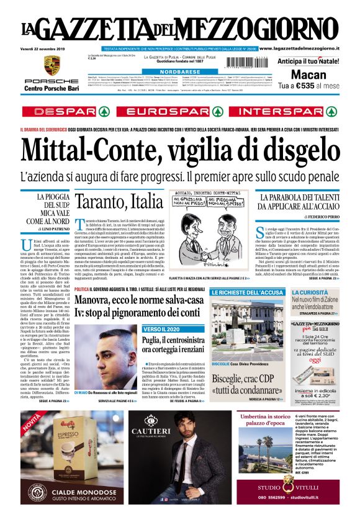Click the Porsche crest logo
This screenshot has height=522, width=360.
coord(52,65)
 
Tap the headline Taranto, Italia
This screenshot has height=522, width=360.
coord(119,201)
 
